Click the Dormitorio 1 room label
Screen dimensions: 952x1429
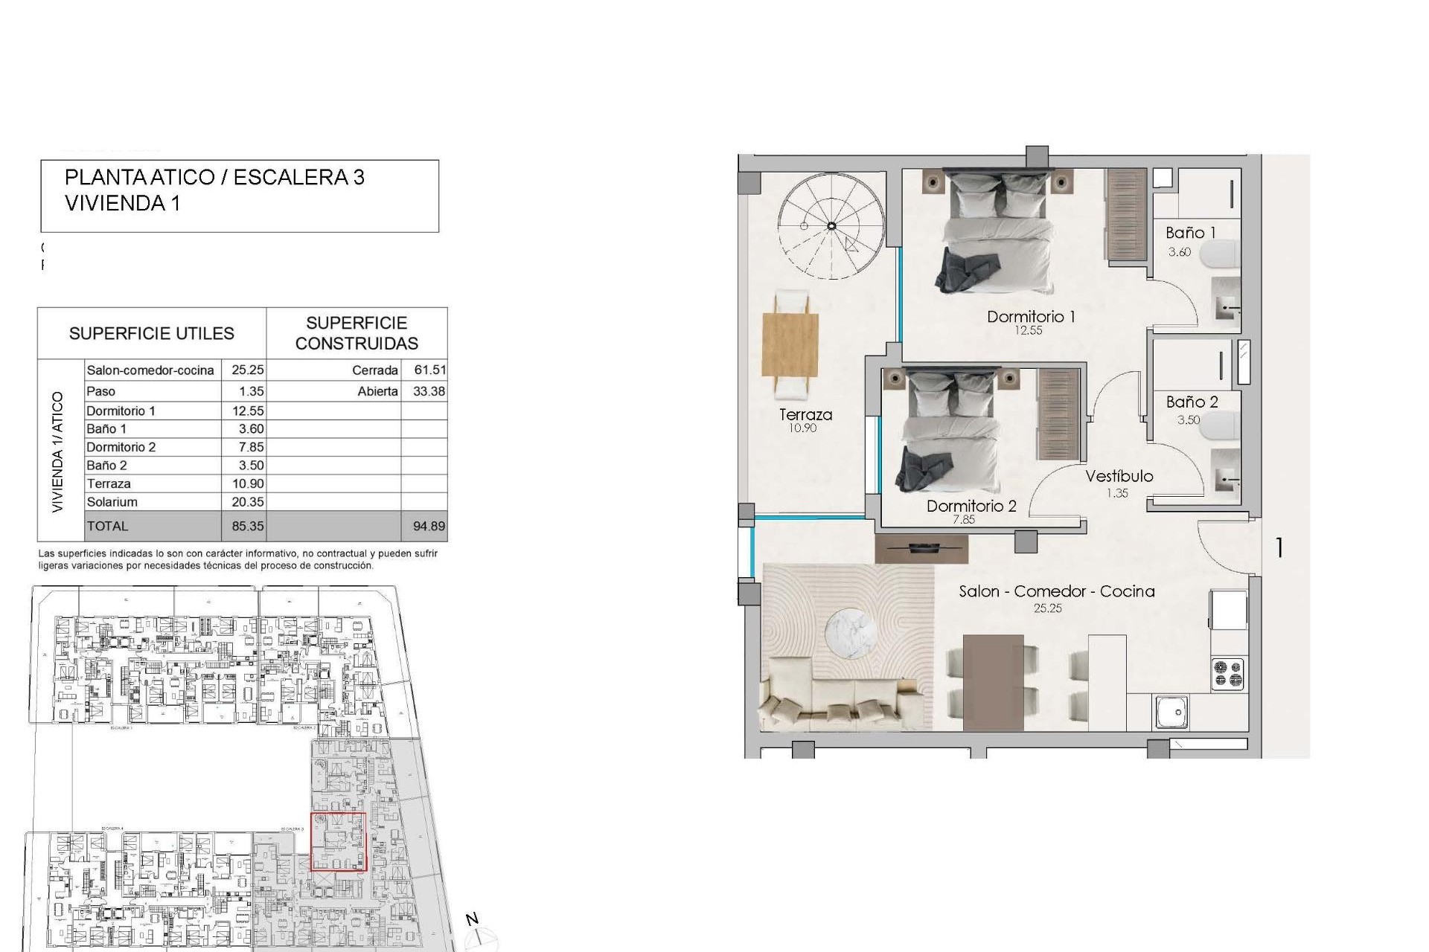pyautogui.click(x=1030, y=317)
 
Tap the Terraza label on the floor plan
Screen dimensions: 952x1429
pyautogui.click(x=805, y=415)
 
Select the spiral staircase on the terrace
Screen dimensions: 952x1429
pyautogui.click(x=831, y=225)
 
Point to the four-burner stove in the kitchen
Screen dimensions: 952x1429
pyautogui.click(x=1227, y=673)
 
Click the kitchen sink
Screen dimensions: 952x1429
pyautogui.click(x=1171, y=711)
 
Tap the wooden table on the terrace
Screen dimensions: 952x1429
pyautogui.click(x=790, y=346)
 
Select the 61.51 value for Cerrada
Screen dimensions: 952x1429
pyautogui.click(x=429, y=370)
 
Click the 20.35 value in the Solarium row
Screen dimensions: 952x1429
pyautogui.click(x=247, y=502)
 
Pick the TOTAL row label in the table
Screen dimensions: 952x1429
pyautogui.click(x=107, y=526)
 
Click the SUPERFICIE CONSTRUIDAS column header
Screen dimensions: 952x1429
pyautogui.click(x=357, y=333)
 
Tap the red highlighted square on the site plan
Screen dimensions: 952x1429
pyautogui.click(x=338, y=841)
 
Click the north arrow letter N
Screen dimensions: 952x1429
pyautogui.click(x=472, y=920)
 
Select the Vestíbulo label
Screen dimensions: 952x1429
pyautogui.click(x=1119, y=477)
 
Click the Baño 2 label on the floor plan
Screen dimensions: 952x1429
pyautogui.click(x=1192, y=402)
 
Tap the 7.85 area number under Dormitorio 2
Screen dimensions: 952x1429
pyautogui.click(x=963, y=520)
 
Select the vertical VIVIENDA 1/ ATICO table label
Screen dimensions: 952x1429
pyautogui.click(x=58, y=451)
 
